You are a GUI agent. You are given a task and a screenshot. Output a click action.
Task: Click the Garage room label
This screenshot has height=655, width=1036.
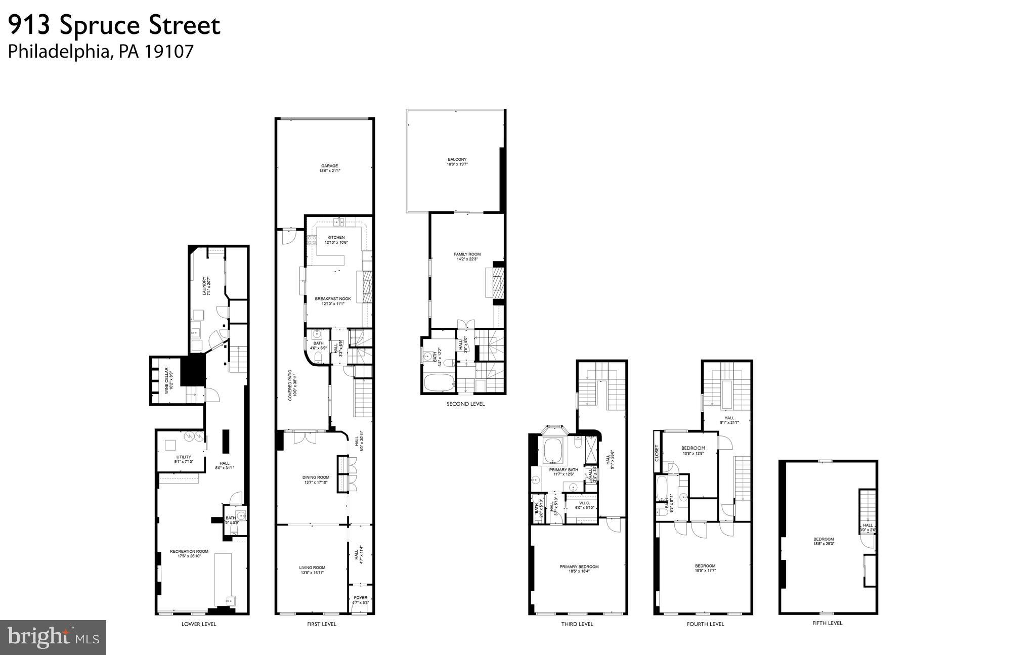[x=329, y=166]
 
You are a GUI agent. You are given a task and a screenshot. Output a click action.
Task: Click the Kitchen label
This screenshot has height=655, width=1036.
[x=336, y=237]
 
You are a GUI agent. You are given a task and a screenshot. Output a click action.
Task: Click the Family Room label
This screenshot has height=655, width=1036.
[x=467, y=254]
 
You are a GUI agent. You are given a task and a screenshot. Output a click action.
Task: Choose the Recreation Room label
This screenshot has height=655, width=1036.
[x=189, y=551]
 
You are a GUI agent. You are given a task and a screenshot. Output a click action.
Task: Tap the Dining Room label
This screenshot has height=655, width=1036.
[x=316, y=477]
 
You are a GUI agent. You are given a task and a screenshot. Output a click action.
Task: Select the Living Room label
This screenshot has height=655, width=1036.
[x=312, y=567]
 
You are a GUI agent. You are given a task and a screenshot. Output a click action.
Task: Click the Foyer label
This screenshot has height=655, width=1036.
[x=361, y=598]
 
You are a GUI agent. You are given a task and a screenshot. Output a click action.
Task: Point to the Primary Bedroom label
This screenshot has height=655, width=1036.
[x=579, y=567]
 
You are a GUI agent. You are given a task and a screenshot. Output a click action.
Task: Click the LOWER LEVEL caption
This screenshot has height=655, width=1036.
[x=199, y=624]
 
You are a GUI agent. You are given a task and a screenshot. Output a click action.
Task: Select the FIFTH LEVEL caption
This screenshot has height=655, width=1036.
[x=828, y=623]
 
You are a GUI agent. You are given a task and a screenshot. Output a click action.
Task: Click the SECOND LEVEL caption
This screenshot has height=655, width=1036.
[x=465, y=404]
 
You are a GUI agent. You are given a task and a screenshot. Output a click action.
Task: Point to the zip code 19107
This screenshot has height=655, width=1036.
[x=169, y=52]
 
